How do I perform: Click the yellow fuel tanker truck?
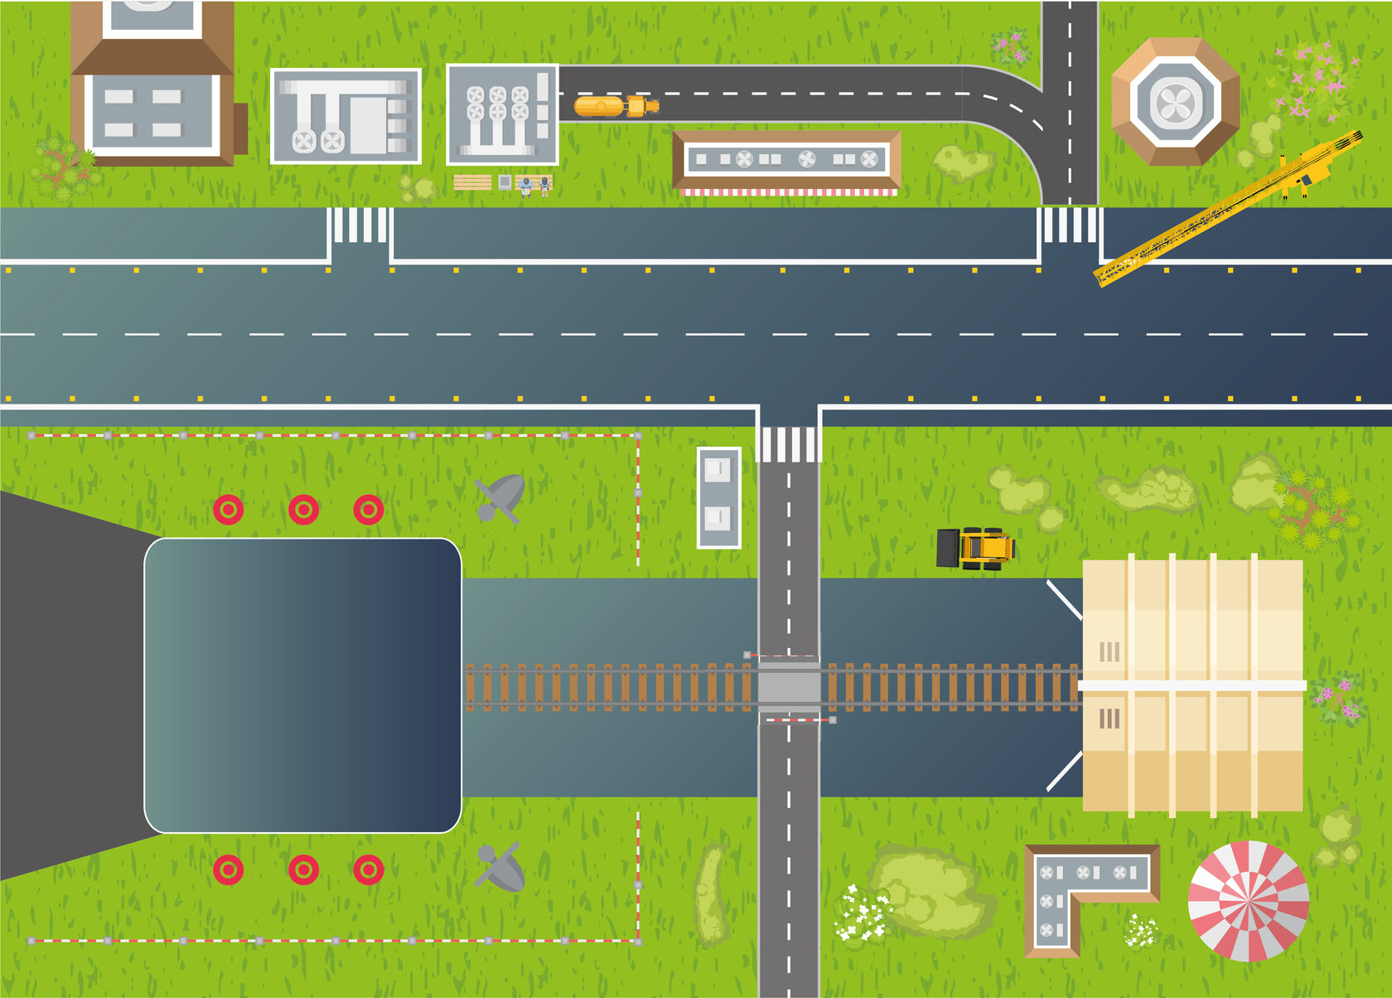pyautogui.click(x=615, y=106)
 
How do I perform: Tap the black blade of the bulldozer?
pyautogui.click(x=947, y=548)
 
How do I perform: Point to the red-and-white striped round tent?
pyautogui.click(x=1248, y=901)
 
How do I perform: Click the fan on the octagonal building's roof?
pyautogui.click(x=1175, y=103)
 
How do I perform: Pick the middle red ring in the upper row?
pyautogui.click(x=303, y=509)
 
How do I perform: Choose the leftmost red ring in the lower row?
pyautogui.click(x=228, y=870)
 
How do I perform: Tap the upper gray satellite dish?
pyautogui.click(x=501, y=497)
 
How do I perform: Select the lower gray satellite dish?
pyautogui.click(x=500, y=868)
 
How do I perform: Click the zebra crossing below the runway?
pyautogui.click(x=788, y=445)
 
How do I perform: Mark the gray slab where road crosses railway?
pyautogui.click(x=788, y=686)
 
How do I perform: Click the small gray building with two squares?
pyautogui.click(x=718, y=497)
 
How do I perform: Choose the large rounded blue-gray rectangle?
pyautogui.click(x=302, y=686)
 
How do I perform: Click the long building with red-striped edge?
pyautogui.click(x=786, y=160)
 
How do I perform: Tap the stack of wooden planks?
pyautogui.click(x=472, y=182)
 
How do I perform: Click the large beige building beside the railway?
pyautogui.click(x=1192, y=685)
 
